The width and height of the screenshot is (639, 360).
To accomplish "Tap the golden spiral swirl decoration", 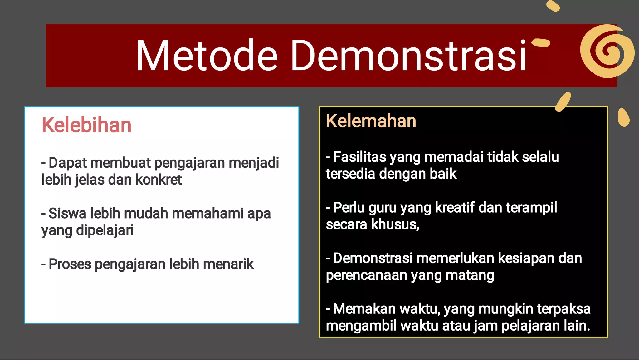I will [607, 52].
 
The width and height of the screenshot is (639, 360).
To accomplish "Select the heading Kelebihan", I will [86, 125].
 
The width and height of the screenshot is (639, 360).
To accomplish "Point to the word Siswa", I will [67, 214].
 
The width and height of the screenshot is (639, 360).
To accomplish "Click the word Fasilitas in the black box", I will [360, 157].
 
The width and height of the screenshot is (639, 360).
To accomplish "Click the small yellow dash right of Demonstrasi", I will [541, 42].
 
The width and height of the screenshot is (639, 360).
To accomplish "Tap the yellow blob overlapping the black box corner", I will [563, 102].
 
